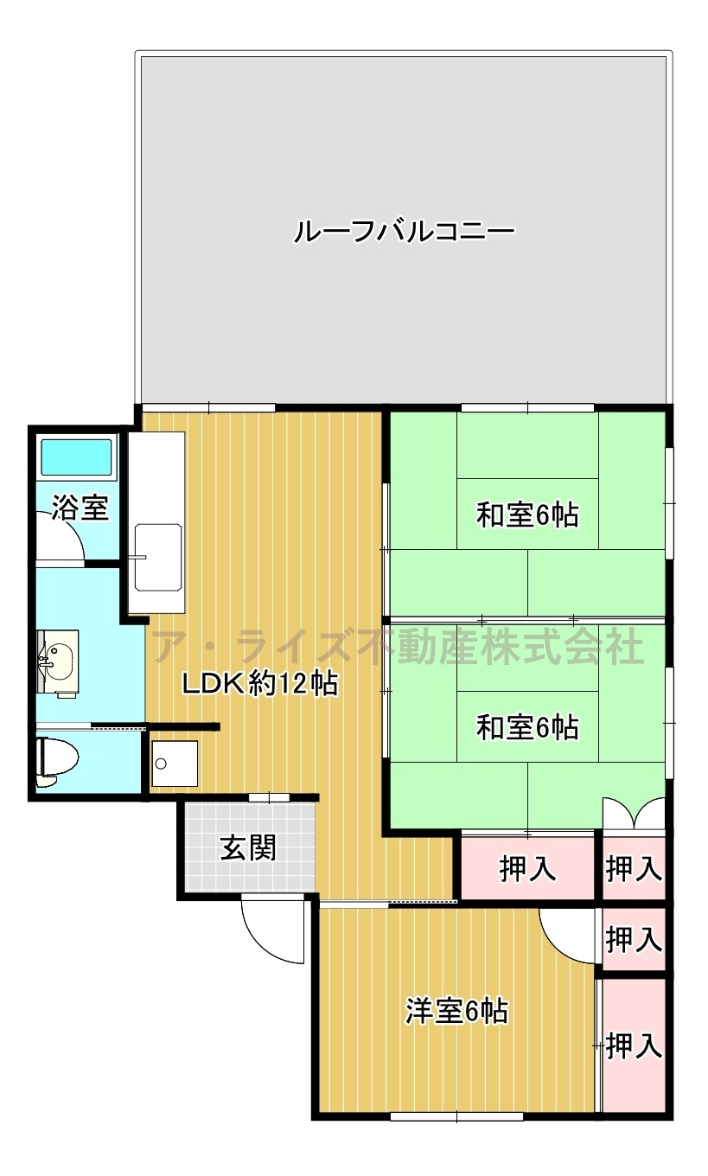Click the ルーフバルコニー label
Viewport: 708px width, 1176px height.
pos(404,232)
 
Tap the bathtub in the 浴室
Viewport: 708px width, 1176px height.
pos(77,457)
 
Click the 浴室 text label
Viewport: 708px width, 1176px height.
pos(80,508)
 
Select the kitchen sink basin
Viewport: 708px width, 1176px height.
pos(158,558)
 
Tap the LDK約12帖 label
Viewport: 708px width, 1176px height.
pos(260,683)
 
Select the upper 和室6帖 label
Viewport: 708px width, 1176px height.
pos(527,515)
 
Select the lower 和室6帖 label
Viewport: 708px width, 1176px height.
pos(527,728)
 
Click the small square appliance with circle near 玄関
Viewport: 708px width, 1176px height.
pos(175,764)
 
